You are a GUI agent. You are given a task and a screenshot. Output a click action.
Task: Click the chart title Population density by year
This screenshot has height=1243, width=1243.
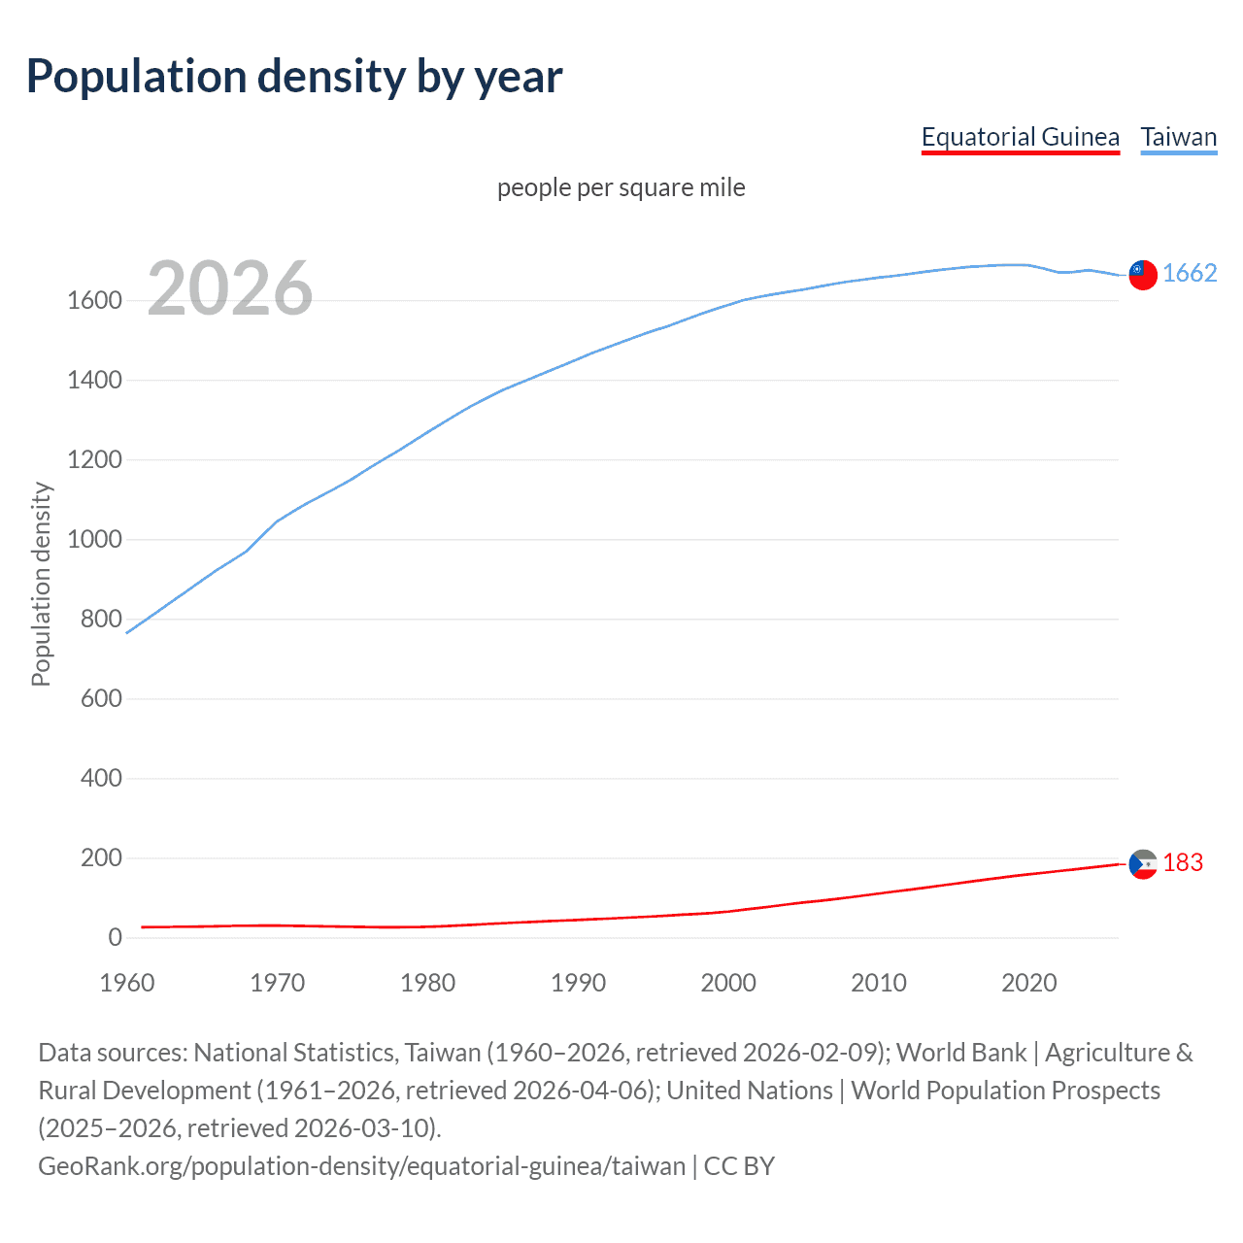pos(294,77)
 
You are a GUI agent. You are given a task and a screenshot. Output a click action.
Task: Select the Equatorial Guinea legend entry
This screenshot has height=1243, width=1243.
pos(1020,137)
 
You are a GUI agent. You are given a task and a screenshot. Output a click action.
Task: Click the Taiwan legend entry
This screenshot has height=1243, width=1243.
pos(1178,137)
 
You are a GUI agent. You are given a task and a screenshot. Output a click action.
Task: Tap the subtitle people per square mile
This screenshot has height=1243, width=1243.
pos(621,187)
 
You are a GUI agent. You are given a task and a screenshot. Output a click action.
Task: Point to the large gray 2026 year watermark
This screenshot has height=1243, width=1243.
pos(230,288)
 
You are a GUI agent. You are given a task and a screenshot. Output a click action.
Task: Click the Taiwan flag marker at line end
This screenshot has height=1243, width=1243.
pos(1143,275)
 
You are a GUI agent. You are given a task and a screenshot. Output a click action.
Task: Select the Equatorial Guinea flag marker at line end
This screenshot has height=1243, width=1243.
pos(1143,863)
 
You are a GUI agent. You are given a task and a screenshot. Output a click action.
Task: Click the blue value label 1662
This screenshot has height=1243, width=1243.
pos(1190,274)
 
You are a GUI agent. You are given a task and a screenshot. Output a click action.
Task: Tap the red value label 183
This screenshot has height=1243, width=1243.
pos(1183,862)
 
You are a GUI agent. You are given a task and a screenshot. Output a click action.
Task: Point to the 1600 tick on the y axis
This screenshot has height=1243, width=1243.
pos(94,301)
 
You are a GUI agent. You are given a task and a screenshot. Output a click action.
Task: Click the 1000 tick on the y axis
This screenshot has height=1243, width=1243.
pos(94,540)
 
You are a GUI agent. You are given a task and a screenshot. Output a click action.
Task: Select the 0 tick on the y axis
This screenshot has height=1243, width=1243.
pos(115,938)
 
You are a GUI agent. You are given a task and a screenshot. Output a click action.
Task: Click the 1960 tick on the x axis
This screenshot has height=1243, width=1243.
pos(127,983)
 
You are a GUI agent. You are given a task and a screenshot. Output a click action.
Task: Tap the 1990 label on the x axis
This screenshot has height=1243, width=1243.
pos(578,983)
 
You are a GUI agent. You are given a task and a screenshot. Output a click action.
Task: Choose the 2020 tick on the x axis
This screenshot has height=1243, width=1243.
pos(1029,983)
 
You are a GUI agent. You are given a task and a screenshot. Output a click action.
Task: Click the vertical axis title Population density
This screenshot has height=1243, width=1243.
pos(41,585)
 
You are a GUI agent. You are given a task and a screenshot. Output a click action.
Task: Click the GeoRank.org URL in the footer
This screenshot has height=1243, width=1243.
pos(361,1165)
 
